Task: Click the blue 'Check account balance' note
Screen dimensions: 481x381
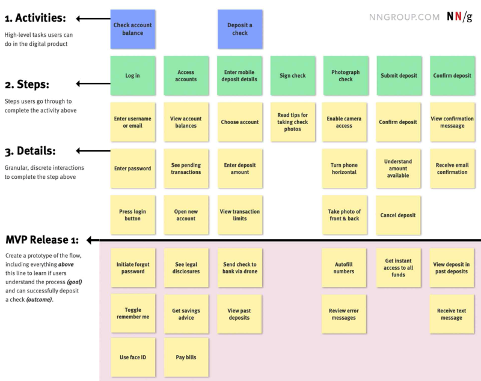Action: [x=133, y=29]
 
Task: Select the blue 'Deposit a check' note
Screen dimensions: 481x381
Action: [x=240, y=29]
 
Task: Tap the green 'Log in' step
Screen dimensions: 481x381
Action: [x=133, y=75]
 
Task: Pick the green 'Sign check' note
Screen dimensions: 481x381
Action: [x=293, y=75]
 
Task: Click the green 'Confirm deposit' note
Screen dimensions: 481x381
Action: [x=453, y=75]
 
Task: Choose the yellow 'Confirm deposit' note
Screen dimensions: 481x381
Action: [x=398, y=122]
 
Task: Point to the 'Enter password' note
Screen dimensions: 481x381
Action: [x=133, y=169]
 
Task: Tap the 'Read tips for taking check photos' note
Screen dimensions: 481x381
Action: [x=293, y=122]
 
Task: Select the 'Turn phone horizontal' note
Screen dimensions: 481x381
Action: [x=344, y=169]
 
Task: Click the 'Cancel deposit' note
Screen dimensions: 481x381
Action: [x=398, y=215]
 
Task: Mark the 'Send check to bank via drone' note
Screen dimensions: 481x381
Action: [x=240, y=268]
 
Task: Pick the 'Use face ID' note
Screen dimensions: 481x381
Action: [x=133, y=357]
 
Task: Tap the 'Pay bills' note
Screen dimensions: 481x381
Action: [x=186, y=357]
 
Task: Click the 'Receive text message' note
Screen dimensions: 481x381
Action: [x=452, y=314]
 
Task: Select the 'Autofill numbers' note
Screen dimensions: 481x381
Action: [x=344, y=268]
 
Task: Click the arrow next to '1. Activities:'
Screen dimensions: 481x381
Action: [x=93, y=19]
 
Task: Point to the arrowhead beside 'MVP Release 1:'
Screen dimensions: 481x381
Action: [x=90, y=240]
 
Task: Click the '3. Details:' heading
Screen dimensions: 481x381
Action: [x=30, y=151]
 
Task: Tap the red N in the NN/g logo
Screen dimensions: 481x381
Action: [x=458, y=17]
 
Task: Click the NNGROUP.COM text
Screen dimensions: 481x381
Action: [x=404, y=17]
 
